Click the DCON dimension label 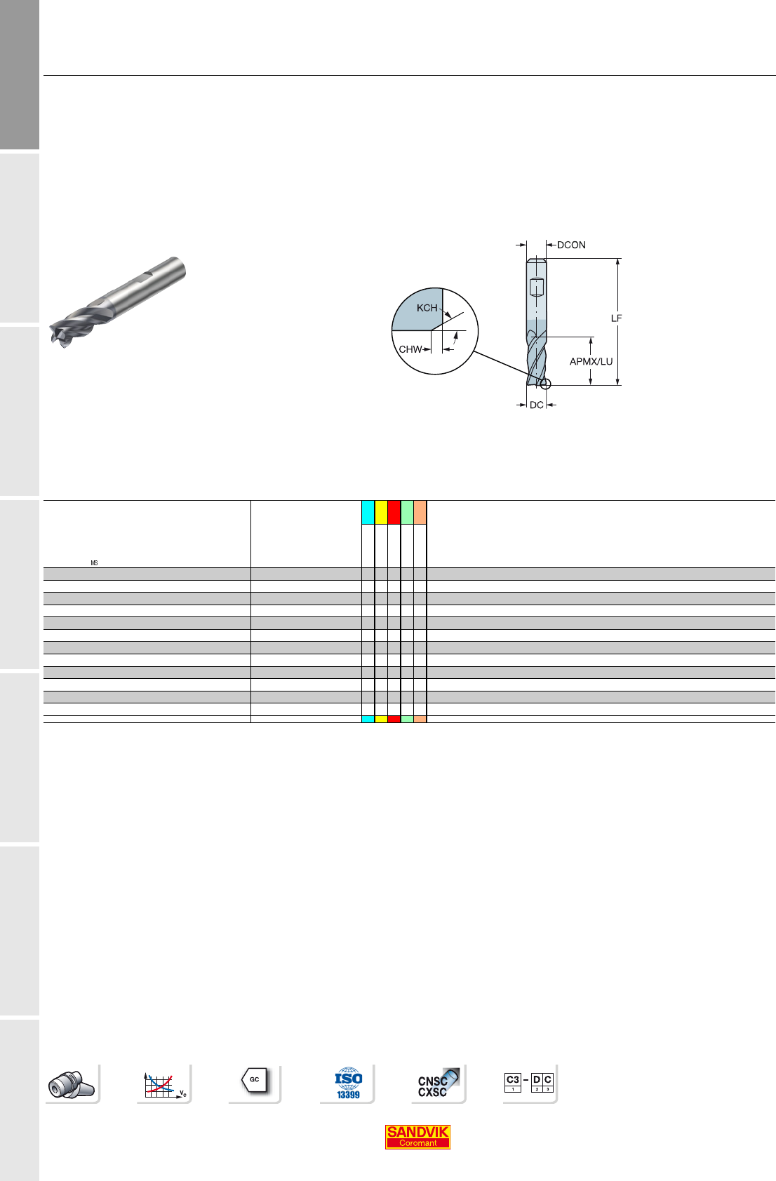point(571,245)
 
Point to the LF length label point(616,318)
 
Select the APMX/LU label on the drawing point(591,361)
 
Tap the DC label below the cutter point(537,405)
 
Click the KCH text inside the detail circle point(427,308)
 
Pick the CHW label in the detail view point(410,349)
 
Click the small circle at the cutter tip point(545,384)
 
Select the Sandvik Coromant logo point(417,1137)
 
